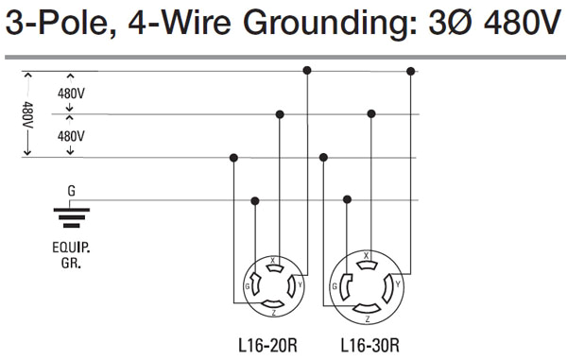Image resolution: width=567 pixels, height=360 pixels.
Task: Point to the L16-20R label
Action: (268, 346)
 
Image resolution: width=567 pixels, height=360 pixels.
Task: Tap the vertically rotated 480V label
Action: (27, 116)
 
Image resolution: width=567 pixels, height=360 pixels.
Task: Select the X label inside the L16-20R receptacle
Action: (272, 258)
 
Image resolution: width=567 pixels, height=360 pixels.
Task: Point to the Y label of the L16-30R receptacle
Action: (401, 283)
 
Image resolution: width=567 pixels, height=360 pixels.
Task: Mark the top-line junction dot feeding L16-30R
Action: (411, 71)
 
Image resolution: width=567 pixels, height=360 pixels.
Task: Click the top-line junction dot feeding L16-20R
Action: (306, 71)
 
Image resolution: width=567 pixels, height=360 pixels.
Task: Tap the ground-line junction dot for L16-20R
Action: (255, 200)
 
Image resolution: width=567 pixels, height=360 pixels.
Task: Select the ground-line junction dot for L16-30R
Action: (349, 200)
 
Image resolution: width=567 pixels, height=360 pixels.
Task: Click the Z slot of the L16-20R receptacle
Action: (272, 302)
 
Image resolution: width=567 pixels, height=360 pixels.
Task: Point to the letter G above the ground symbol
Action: (71, 190)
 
